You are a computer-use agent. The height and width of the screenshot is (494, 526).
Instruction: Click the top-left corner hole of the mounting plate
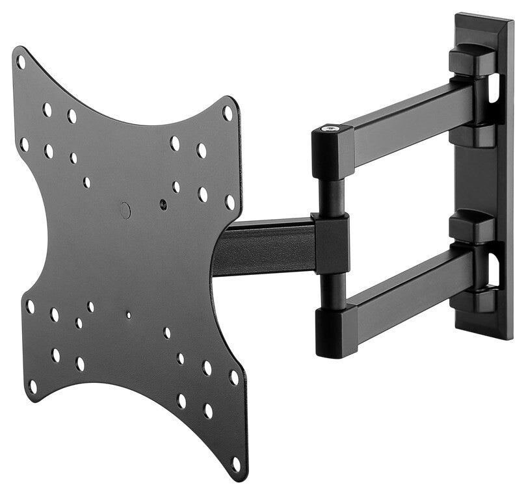click(x=21, y=62)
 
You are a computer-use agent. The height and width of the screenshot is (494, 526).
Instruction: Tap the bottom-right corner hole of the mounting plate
click(x=235, y=464)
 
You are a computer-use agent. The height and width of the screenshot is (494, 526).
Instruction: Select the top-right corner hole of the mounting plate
click(x=228, y=112)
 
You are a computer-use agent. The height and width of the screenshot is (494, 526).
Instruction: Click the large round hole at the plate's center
click(x=125, y=210)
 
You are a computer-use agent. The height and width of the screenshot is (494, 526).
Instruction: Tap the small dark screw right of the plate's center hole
click(x=162, y=204)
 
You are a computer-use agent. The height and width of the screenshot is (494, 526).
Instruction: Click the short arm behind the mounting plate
click(x=267, y=246)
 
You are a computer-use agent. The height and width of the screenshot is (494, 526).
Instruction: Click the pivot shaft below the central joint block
click(x=332, y=289)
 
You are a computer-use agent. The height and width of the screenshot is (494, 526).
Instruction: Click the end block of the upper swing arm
click(x=332, y=151)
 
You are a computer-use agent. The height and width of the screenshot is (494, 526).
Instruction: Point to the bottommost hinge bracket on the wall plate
click(x=473, y=302)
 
